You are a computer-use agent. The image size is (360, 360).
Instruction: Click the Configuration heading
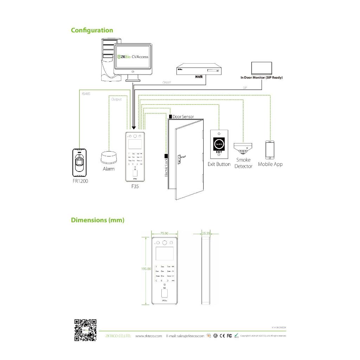92,30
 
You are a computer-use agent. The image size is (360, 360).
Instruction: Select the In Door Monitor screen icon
262,68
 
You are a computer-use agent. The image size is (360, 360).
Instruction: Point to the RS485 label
86,94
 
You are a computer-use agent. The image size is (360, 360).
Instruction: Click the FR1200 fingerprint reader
80,162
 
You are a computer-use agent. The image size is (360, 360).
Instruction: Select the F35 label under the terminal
135,186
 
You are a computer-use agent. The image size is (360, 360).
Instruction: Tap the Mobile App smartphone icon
270,150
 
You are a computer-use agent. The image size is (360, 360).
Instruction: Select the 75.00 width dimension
164,233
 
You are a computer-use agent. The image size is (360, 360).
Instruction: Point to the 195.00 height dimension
146,269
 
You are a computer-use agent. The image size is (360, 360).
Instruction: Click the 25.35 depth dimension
206,233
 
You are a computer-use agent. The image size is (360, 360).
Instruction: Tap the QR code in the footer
85,330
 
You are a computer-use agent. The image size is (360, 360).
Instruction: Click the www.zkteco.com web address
148,336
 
